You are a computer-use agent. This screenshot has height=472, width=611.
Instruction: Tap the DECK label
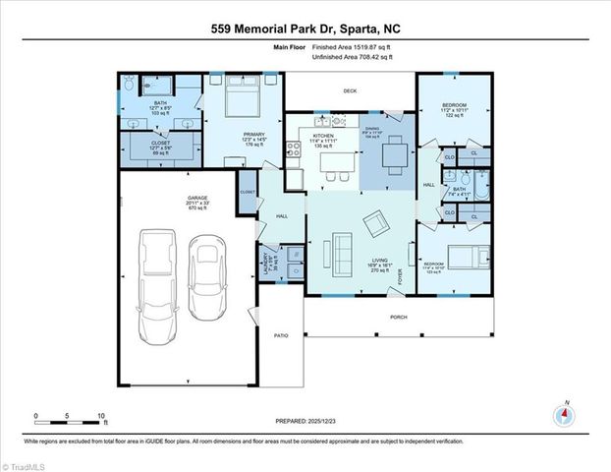pyautogui.click(x=350, y=90)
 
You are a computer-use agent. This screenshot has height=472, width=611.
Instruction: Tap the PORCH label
pyautogui.click(x=398, y=317)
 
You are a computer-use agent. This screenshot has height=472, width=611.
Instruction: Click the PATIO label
pyautogui.click(x=280, y=336)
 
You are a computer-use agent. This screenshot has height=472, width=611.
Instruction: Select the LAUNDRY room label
pyautogui.click(x=264, y=262)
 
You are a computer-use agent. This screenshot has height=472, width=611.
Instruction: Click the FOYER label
pyautogui.click(x=400, y=276)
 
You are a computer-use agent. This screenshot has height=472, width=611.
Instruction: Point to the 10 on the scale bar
pyautogui.click(x=100, y=415)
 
